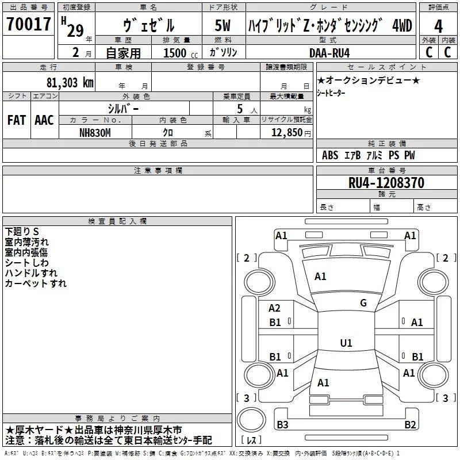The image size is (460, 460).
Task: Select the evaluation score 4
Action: coord(438,26)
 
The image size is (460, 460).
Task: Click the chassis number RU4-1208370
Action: coord(386,183)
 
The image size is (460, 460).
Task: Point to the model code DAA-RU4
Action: coord(329,52)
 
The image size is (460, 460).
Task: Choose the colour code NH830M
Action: coord(95,132)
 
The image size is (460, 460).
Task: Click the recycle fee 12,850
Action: coord(283,132)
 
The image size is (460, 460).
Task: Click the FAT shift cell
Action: coord(17,120)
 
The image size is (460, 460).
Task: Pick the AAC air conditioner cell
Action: coord(44,120)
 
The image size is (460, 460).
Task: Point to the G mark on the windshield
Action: coord(363,303)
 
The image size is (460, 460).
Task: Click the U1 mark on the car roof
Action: coord(346,343)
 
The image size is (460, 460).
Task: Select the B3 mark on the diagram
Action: coord(282,425)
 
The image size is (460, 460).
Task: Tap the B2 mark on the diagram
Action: coord(410,425)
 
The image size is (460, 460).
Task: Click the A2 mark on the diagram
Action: coord(275,308)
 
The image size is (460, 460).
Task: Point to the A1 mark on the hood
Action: coord(320,277)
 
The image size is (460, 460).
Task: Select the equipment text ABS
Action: coord(330,155)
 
